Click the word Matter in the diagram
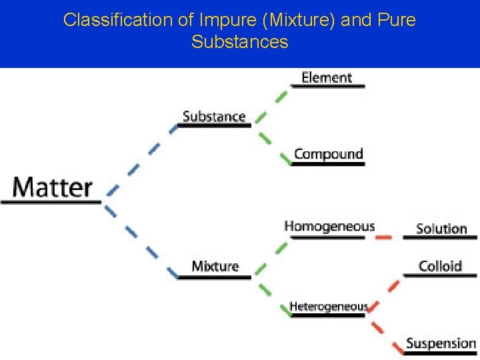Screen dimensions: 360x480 pyautogui.click(x=53, y=187)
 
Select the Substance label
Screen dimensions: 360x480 pyautogui.click(x=214, y=116)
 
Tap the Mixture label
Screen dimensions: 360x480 pyautogui.click(x=215, y=266)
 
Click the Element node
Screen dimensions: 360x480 pyautogui.click(x=326, y=77)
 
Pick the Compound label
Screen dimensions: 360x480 pyautogui.click(x=328, y=154)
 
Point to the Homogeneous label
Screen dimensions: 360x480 pyautogui.click(x=329, y=227)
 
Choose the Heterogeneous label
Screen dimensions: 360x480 pyautogui.click(x=328, y=307)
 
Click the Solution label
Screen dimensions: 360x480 pyautogui.click(x=441, y=229)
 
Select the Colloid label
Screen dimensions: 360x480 pyautogui.click(x=440, y=266)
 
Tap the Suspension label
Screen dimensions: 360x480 pyautogui.click(x=441, y=344)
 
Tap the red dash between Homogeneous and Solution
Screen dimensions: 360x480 pyautogui.click(x=383, y=237)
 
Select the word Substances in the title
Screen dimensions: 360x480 pyautogui.click(x=239, y=42)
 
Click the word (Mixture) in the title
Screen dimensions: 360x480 pyautogui.click(x=303, y=20)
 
